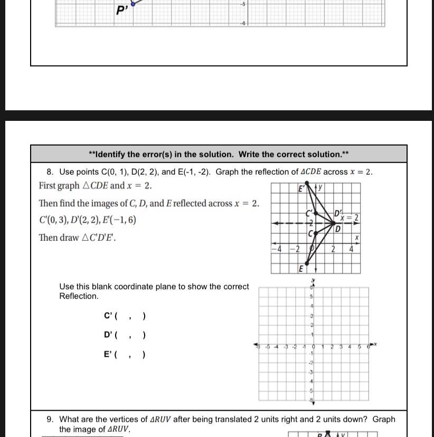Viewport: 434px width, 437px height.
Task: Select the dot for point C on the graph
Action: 315,232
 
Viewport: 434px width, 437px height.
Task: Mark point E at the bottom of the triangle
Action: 306,263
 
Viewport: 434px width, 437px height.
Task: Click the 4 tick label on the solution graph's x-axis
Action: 351,249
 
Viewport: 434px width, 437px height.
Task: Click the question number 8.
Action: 50,172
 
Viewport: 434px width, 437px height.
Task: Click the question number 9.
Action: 50,419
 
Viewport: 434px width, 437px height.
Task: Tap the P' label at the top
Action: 122,10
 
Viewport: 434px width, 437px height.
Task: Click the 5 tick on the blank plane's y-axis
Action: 312,297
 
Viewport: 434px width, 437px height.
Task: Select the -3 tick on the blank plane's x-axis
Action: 286,347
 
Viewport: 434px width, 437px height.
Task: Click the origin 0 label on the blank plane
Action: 314,347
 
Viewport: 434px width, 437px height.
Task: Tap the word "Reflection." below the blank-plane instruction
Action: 79,296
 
